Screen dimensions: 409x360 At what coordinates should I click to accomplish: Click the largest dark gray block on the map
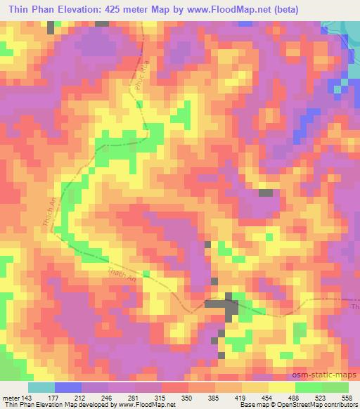(x=224, y=306)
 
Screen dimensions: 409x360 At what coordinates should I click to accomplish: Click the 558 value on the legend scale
(x=347, y=398)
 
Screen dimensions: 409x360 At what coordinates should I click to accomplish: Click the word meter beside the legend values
(x=10, y=398)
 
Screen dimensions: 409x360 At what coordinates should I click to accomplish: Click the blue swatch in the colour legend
(x=67, y=388)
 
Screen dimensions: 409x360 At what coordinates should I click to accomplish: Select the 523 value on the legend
(x=323, y=398)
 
